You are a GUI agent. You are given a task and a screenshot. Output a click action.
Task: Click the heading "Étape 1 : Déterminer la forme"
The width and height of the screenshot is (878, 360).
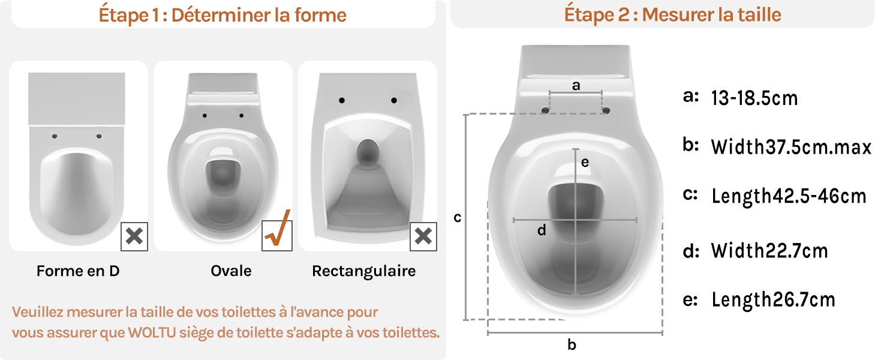coord(222,15)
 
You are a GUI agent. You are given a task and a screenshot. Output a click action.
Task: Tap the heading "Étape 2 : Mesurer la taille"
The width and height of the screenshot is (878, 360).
coord(673,15)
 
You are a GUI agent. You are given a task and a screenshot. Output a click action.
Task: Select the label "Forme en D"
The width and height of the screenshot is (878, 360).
coord(78,271)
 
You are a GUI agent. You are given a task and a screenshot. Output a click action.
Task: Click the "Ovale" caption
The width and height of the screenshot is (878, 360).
coord(231,271)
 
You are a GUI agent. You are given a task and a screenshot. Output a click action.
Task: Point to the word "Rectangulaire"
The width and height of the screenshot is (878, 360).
coord(364,271)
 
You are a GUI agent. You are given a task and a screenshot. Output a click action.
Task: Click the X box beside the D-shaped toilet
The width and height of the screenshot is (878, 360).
coord(134,236)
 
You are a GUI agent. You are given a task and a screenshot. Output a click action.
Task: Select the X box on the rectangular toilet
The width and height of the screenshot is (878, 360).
coord(423,236)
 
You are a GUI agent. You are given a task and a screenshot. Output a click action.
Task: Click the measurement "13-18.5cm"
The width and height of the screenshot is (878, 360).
coord(754,98)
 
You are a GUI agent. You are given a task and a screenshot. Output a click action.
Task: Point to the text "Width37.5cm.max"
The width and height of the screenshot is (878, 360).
coord(791,147)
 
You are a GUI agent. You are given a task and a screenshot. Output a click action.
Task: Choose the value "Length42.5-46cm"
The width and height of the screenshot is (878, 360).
coord(789,196)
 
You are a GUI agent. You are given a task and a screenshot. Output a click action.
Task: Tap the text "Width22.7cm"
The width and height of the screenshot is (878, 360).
coord(769,251)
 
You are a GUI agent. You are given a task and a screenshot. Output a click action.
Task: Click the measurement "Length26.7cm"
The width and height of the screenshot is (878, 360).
coord(773,300)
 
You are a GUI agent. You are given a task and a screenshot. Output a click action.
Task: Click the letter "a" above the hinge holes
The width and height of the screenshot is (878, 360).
coord(576,85)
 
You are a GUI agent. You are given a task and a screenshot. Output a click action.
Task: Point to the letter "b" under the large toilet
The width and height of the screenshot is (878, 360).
coord(572,345)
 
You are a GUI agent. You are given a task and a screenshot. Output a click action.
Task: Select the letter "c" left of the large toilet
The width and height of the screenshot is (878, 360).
coord(458,218)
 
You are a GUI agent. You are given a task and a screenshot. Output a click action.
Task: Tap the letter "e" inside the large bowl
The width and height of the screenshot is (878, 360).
coord(585,163)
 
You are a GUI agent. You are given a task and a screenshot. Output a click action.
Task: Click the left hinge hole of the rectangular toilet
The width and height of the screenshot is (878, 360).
coord(342,100)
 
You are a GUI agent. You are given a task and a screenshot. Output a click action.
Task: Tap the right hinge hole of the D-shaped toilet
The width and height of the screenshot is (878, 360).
coord(99,136)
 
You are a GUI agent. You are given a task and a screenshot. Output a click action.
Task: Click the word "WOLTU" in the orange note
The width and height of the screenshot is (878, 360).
coord(152,332)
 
